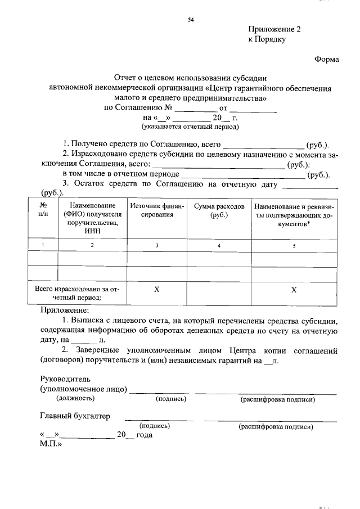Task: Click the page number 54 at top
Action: pyautogui.click(x=190, y=20)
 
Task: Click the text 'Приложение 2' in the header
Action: pyautogui.click(x=274, y=30)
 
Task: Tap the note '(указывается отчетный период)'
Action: pyautogui.click(x=190, y=127)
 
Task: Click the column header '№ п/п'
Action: pyautogui.click(x=43, y=210)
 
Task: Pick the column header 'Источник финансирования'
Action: pyautogui.click(x=157, y=210)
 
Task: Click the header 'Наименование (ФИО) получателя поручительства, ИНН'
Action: pyautogui.click(x=92, y=219)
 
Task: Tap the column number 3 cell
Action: pyautogui.click(x=157, y=245)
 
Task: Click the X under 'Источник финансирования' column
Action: pyautogui.click(x=157, y=289)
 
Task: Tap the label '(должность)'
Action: pyautogui.click(x=75, y=399)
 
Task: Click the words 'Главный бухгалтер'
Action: pyautogui.click(x=75, y=416)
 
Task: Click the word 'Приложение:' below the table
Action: pyautogui.click(x=65, y=310)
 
